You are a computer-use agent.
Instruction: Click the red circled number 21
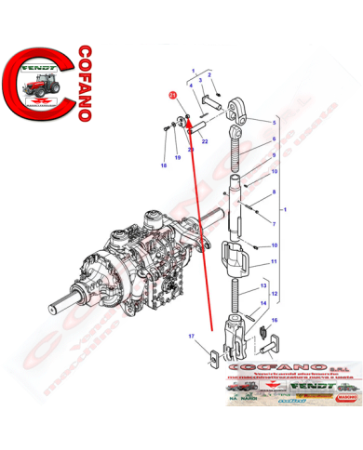coord(171,95)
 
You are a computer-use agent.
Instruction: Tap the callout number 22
coord(205,142)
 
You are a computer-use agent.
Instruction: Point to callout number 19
coord(178,158)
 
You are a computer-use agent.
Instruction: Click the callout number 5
coord(275,122)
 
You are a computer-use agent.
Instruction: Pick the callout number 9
coord(275,158)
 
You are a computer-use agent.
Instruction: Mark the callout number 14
coord(264,303)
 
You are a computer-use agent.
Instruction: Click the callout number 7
coord(275,223)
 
